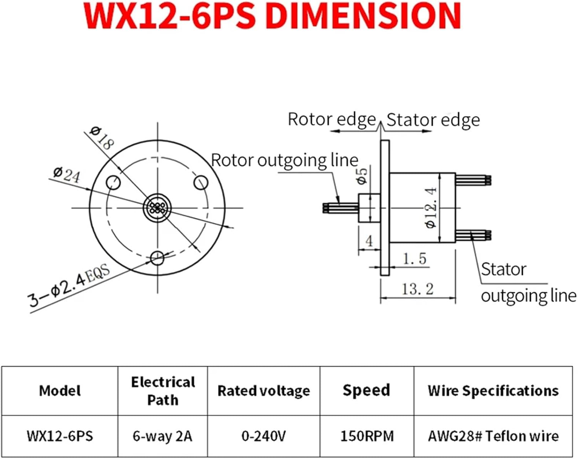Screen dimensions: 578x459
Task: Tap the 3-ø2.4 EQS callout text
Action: (69, 285)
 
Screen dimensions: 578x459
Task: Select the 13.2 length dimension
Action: (418, 289)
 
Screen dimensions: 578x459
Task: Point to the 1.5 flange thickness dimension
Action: (415, 258)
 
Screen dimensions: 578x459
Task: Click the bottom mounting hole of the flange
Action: (157, 258)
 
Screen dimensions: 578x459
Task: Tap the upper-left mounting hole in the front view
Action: (113, 182)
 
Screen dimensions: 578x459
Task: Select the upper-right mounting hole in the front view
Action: (201, 182)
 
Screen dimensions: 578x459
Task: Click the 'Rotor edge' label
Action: (331, 119)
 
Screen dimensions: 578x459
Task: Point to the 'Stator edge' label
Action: (433, 120)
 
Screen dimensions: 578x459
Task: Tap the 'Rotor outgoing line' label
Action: (285, 160)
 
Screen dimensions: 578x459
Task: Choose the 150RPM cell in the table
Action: (367, 436)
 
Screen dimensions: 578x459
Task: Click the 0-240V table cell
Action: (264, 436)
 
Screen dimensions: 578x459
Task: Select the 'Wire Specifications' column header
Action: (493, 391)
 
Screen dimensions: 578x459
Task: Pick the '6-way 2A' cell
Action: (162, 436)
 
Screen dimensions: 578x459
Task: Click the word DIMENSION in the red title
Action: (363, 16)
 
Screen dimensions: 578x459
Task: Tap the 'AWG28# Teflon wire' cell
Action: (493, 436)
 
